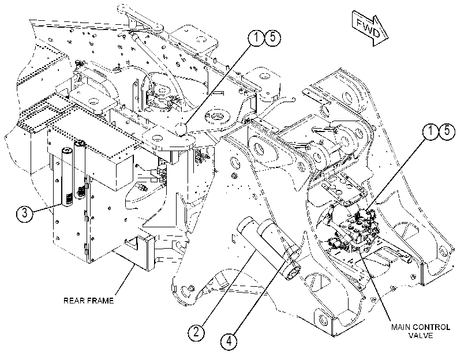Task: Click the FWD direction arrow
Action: [370, 29]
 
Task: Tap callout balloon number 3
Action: [24, 213]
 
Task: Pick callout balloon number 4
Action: [229, 340]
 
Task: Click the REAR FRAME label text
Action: [89, 301]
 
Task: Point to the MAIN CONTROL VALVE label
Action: [421, 331]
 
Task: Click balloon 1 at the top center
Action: [257, 38]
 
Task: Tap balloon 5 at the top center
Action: [273, 38]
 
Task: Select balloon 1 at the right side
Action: [431, 132]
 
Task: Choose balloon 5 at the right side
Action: [447, 132]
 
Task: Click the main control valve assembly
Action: [357, 230]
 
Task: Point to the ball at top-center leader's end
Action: [181, 129]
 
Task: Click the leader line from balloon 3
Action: [47, 208]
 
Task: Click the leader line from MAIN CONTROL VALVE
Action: [378, 287]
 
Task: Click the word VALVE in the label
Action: [421, 336]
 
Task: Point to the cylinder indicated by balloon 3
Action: [68, 176]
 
